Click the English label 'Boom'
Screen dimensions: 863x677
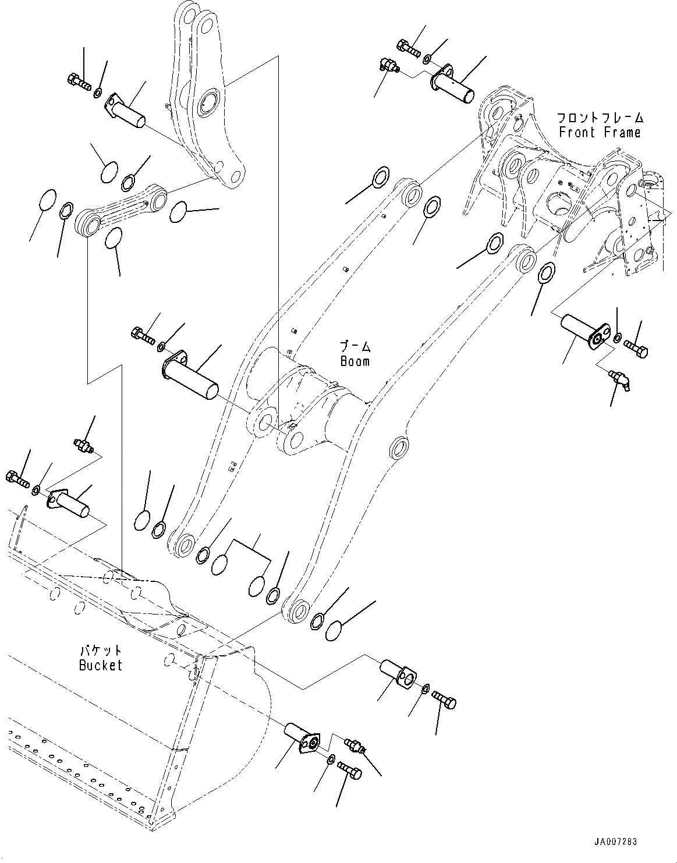pyautogui.click(x=355, y=361)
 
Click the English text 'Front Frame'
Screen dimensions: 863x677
pyautogui.click(x=599, y=133)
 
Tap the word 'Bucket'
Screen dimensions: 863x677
pyautogui.click(x=101, y=665)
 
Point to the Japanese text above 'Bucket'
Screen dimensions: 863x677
pyautogui.click(x=101, y=649)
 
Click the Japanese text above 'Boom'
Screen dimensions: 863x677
pyautogui.click(x=355, y=346)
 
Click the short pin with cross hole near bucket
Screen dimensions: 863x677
pyautogui.click(x=398, y=672)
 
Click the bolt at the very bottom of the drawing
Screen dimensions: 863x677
pyautogui.click(x=350, y=771)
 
